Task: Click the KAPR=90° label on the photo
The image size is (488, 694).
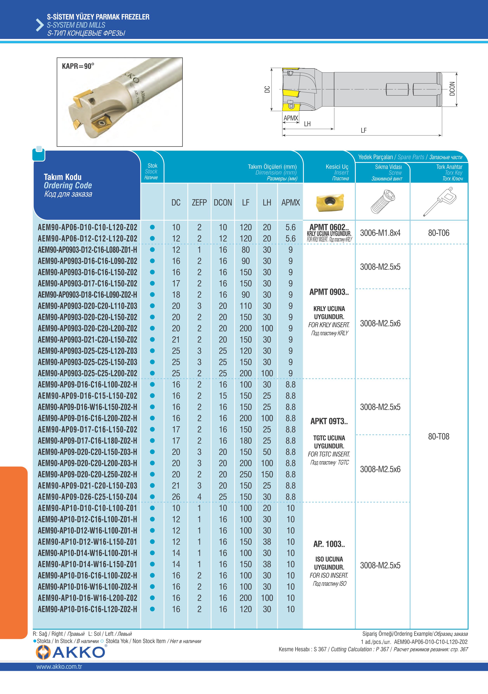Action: point(78,66)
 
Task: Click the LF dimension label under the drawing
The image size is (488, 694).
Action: point(363,130)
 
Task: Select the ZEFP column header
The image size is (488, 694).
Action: point(199,202)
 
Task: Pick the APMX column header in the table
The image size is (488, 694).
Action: point(290,202)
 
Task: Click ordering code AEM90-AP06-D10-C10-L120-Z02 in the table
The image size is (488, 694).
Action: point(87,227)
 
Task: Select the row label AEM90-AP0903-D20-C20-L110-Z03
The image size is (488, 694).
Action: point(87,306)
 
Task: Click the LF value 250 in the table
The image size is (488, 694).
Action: point(246,474)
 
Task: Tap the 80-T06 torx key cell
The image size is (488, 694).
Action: point(439,233)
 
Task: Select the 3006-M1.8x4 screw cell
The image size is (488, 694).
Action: point(380,233)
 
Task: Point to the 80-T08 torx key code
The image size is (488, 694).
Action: point(439,436)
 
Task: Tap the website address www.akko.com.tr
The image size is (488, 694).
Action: point(59,666)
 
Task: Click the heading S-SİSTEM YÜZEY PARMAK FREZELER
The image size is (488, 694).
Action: point(98,17)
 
